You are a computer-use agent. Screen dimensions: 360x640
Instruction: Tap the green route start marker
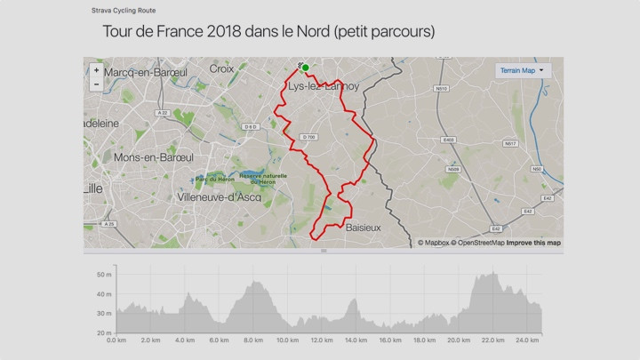pos(305,68)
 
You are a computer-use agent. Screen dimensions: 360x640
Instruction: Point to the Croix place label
pos(221,68)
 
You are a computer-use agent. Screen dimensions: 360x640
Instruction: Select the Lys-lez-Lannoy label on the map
pos(323,86)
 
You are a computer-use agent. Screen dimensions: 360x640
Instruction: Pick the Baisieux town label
pos(363,228)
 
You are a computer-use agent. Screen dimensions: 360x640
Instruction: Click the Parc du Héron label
pos(214,179)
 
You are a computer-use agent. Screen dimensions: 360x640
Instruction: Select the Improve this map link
pos(533,243)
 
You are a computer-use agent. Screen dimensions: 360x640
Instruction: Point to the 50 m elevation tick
pos(102,275)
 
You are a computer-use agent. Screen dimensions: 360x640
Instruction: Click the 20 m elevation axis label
pos(102,332)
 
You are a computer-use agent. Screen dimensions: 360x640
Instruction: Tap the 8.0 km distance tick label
pos(252,340)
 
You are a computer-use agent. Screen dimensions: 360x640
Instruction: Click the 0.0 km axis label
pos(116,340)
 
